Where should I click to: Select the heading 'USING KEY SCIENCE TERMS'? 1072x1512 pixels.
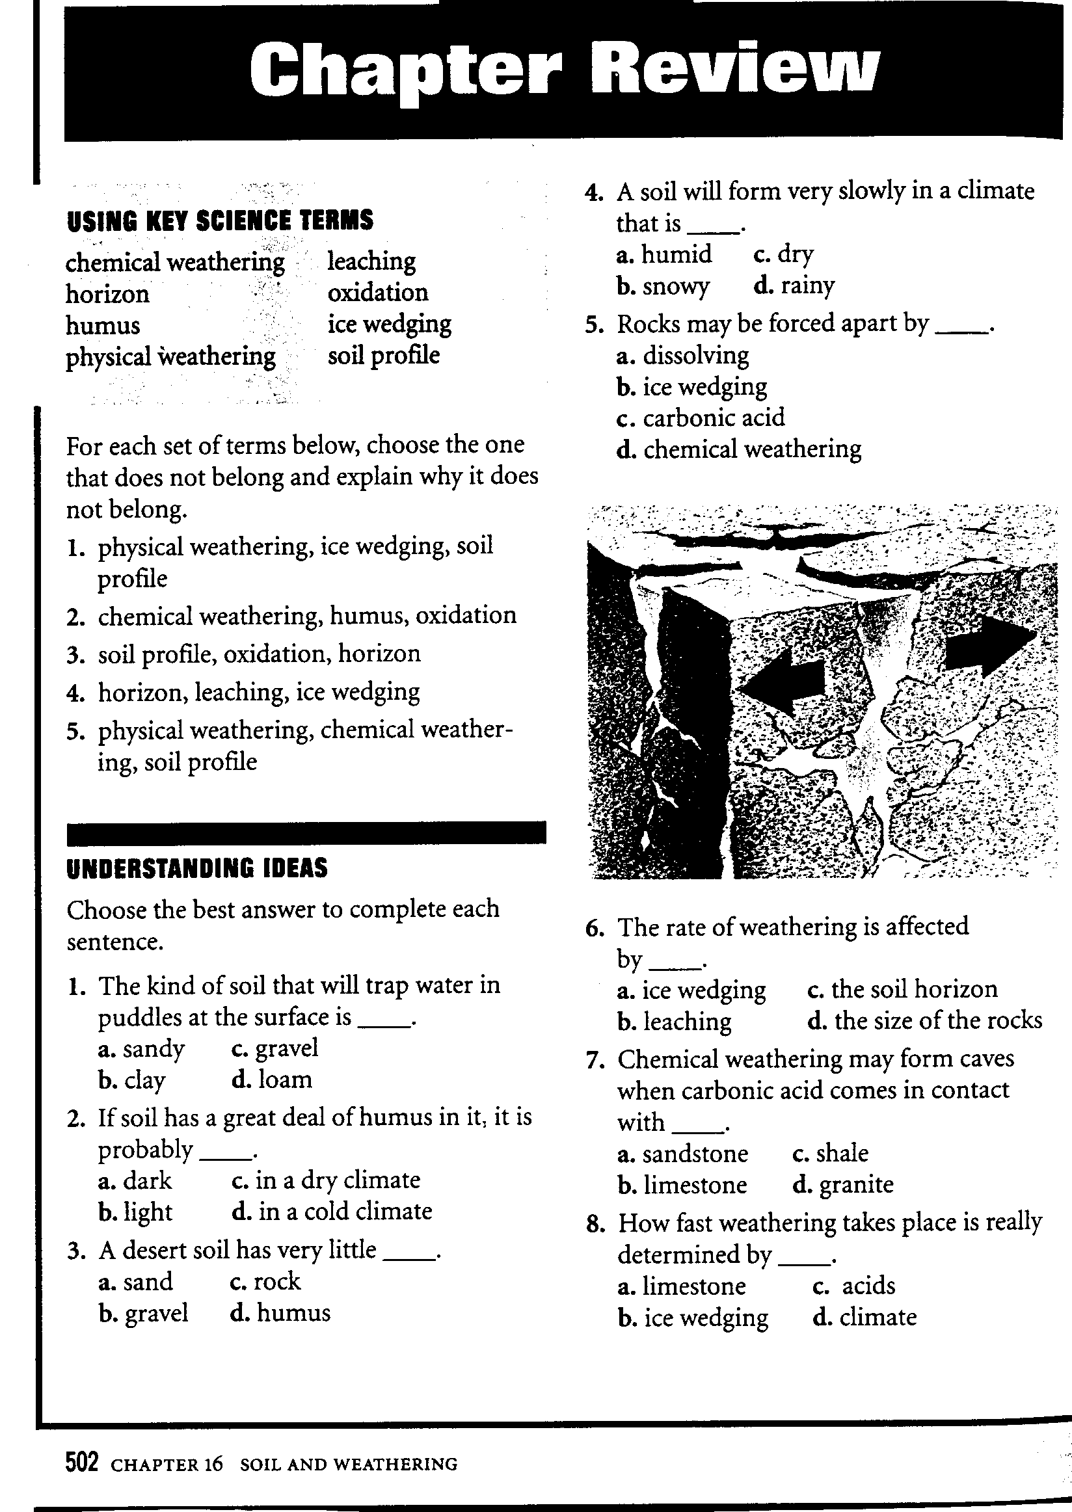(220, 220)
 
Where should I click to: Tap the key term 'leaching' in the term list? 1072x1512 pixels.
(371, 261)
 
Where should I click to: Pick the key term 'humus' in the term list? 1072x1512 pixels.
(103, 325)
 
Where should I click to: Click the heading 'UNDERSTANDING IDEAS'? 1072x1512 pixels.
(197, 869)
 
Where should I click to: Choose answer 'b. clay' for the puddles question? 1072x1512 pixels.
(132, 1080)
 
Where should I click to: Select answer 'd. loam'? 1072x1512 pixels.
(272, 1080)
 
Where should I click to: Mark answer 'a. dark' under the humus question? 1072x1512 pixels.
(135, 1180)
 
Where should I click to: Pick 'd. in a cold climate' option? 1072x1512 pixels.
(332, 1211)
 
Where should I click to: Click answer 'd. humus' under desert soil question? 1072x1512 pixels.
(280, 1313)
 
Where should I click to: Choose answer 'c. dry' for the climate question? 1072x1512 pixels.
(784, 254)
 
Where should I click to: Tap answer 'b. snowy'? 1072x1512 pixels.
(663, 285)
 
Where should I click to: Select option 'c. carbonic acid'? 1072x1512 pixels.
(701, 418)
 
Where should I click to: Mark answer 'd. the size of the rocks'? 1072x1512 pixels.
(925, 1020)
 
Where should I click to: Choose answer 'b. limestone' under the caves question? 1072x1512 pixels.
(682, 1185)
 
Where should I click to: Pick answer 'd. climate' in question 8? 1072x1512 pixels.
(864, 1318)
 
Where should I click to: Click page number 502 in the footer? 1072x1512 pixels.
(82, 1464)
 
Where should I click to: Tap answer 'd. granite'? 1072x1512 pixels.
(843, 1185)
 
